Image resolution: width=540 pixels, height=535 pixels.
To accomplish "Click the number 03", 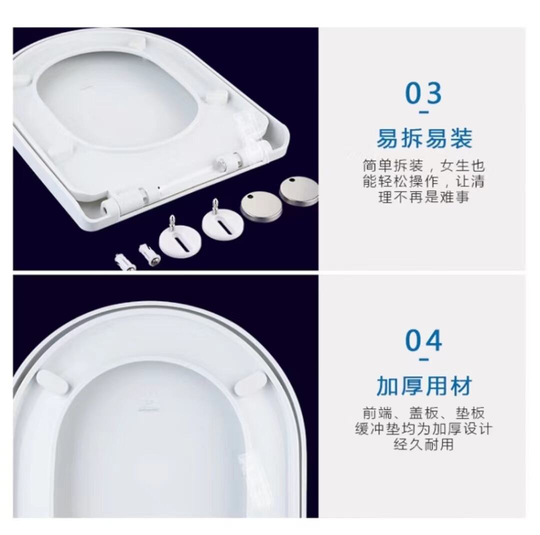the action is pos(423,93).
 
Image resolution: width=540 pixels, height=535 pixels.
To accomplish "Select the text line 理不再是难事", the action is pos(423,197).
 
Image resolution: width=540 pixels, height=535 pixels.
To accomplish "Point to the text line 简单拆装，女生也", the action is pos(423,166).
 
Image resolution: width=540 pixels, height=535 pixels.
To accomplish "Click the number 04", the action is pos(423,340).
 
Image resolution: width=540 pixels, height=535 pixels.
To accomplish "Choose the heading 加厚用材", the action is pos(424,386).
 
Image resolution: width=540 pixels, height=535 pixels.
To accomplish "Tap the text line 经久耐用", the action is pos(423,444).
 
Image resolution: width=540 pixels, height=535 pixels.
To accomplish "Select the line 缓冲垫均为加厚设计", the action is pos(423,428).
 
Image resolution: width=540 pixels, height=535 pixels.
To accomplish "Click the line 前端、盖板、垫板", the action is pos(423,413).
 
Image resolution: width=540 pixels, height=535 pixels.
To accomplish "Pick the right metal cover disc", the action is pos(298,191).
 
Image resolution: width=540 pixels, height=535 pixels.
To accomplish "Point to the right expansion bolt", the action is pos(149,254).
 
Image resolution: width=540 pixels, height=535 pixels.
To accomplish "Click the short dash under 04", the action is pos(424,360).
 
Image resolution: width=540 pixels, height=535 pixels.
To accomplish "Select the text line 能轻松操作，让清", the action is pos(423,181).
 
